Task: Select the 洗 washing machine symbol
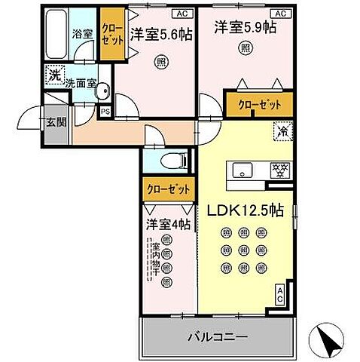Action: [x=53, y=75]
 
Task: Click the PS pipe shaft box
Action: [x=106, y=112]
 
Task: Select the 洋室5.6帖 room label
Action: [x=161, y=33]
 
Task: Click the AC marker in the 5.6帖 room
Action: [x=182, y=13]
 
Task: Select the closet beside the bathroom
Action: [x=112, y=34]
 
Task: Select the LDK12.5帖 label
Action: [x=246, y=211]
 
